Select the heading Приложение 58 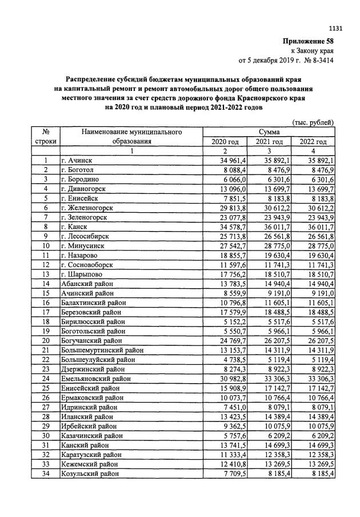point(309,42)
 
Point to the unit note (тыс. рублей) point(313,122)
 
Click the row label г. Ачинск point(77,161)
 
